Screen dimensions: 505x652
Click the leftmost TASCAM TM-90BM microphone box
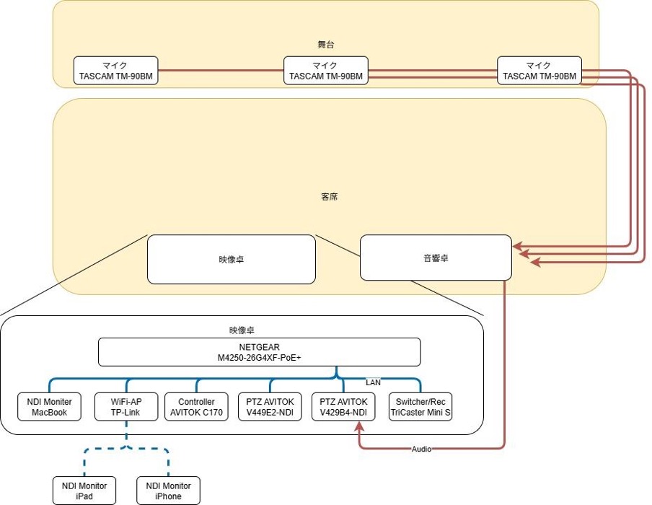point(115,71)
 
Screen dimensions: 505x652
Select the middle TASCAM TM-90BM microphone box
point(325,71)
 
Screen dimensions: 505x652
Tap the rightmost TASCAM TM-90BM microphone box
point(539,71)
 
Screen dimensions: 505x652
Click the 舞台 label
point(326,45)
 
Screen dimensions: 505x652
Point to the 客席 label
point(329,196)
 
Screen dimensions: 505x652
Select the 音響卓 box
point(436,258)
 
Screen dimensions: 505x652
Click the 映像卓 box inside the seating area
point(231,259)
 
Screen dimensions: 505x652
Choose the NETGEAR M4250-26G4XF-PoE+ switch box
point(259,352)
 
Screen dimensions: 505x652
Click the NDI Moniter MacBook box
point(49,407)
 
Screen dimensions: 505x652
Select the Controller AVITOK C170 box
point(196,407)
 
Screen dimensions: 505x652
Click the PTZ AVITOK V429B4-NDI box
point(344,407)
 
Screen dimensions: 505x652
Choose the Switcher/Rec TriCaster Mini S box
point(420,407)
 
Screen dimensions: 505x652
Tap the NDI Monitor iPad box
point(84,491)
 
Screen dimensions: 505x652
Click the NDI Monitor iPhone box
point(168,491)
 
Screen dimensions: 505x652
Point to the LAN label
point(373,382)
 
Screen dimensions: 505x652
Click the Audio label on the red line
point(421,449)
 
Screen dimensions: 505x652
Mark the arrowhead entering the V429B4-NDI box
point(358,426)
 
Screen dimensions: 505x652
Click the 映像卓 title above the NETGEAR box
point(242,330)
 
